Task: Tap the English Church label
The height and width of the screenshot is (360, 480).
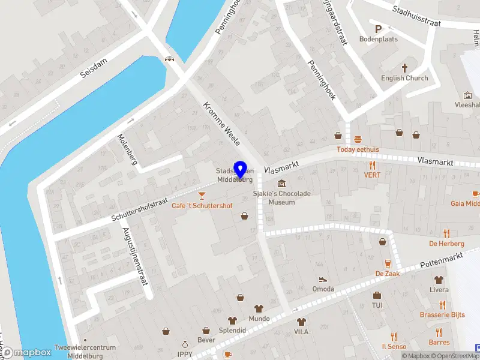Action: [x=404, y=78]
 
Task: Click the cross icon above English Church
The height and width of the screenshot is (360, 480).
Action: [x=404, y=68]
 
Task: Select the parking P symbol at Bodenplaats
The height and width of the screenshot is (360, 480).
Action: [x=378, y=28]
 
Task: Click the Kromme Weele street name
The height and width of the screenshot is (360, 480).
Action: [x=222, y=124]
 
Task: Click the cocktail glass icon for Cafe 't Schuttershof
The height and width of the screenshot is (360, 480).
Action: [x=202, y=195]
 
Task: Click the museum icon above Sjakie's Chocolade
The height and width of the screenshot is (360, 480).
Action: [x=281, y=183]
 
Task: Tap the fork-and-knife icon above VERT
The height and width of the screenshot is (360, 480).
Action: [x=372, y=165]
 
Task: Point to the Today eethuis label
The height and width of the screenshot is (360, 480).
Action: [x=358, y=149]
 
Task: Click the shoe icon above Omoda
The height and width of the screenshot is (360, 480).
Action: [x=323, y=278]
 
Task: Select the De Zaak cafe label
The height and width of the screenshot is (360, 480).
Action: [x=388, y=274]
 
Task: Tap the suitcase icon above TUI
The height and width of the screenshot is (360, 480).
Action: [x=377, y=295]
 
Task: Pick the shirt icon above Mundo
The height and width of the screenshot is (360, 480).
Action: [x=259, y=308]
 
